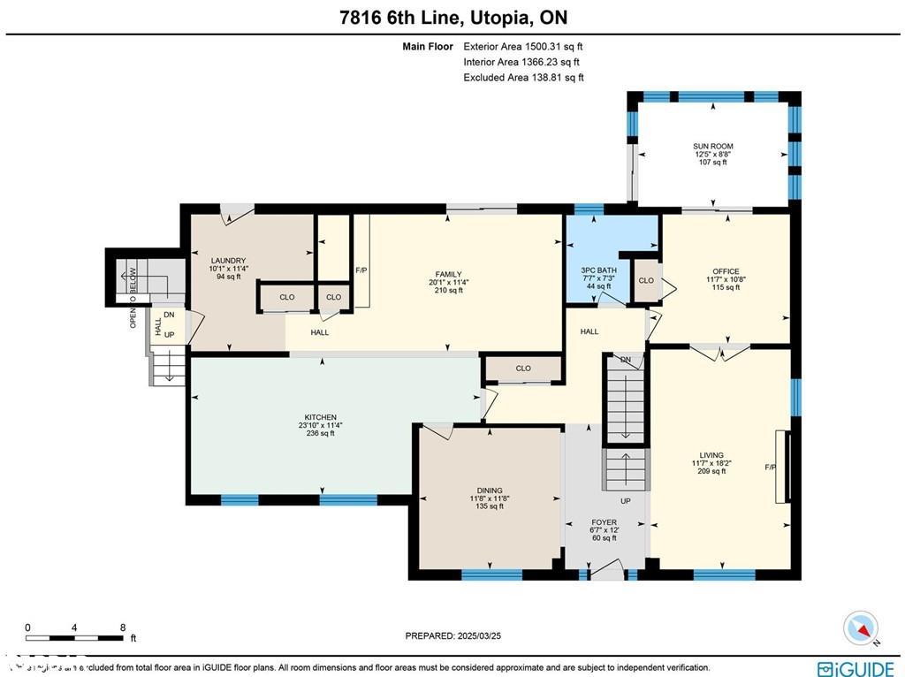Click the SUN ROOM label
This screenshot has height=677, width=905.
pos(712,147)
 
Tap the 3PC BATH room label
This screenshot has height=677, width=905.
pos(598,270)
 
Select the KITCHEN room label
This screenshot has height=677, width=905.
pos(320,417)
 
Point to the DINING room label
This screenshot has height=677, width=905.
pos(490,491)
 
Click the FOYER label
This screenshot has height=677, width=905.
pos(604,522)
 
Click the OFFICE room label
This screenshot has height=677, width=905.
pos(726,271)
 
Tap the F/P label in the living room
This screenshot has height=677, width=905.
pos(770,467)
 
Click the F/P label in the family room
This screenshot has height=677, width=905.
pos(361,270)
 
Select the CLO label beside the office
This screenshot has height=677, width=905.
pos(646,280)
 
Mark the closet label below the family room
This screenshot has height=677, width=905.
pos(523,369)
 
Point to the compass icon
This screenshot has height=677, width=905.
pos(861,628)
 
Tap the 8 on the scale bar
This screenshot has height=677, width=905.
pos(122,628)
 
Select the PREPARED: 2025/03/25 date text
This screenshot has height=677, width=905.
pos(452,635)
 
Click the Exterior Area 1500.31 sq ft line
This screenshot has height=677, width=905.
pos(523,47)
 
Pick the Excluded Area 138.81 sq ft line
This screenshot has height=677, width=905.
pos(523,78)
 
